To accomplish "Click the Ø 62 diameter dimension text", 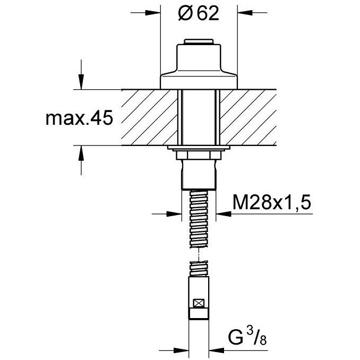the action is coord(199,14).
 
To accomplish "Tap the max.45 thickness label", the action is coord(79,118).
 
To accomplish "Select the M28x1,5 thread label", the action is coord(272,203).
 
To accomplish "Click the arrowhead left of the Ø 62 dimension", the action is coord(153,13).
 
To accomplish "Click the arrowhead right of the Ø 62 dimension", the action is coord(245,13).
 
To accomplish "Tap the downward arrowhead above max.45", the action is coord(81,82).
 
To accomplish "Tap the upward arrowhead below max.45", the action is coord(81,153).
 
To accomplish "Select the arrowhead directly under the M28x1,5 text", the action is coord(224,214).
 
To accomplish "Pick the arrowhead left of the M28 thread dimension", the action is coord(174,214).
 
